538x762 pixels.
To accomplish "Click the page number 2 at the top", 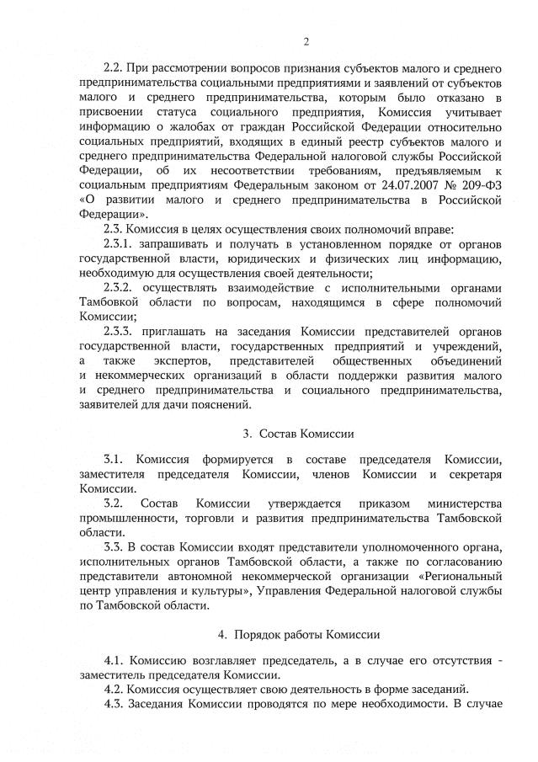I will point(306,41).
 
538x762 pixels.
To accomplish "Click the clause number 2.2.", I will point(115,66).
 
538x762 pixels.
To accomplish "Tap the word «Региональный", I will point(464,576).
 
